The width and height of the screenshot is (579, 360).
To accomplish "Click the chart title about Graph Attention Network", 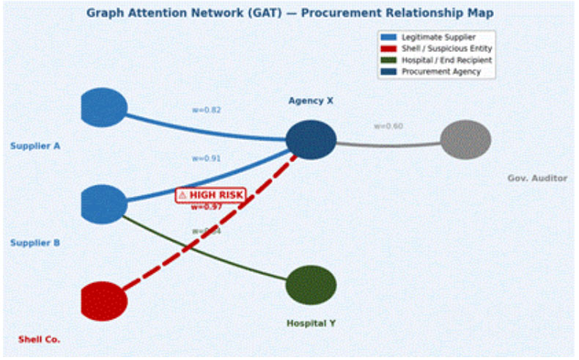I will [289, 12].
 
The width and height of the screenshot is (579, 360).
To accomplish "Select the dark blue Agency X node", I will [311, 140].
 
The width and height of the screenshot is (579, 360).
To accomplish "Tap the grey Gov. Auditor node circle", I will [465, 139].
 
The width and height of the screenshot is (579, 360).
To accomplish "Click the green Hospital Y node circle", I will [311, 284].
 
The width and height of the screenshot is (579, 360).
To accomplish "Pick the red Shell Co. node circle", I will [103, 301].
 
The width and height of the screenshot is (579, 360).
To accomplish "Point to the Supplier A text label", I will [35, 146].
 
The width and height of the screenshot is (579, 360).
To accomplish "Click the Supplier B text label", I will [35, 243].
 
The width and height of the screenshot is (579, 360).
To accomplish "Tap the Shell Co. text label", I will [39, 339].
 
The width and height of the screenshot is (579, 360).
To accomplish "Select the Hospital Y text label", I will [311, 323].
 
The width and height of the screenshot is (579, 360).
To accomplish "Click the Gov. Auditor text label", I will [537, 178].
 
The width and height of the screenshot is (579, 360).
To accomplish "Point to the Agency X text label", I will [311, 100].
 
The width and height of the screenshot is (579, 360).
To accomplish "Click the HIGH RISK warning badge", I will [210, 195].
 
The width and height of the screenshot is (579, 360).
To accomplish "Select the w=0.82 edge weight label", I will [207, 110].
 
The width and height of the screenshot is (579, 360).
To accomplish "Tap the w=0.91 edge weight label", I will [207, 158].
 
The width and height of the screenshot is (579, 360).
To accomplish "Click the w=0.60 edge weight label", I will [388, 126].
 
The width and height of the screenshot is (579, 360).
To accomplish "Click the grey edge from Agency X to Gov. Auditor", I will [388, 144].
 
